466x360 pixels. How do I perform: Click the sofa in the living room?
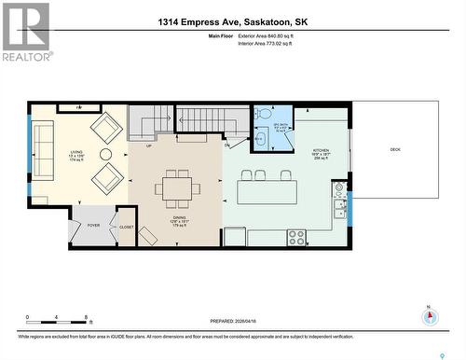coord(44,149)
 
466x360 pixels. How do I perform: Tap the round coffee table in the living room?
coord(105,154)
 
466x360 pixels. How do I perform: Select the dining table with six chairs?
coord(177,188)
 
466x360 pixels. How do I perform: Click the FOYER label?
coord(93,225)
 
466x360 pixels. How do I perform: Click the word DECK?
coord(394,149)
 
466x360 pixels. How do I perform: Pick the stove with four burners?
coord(296,236)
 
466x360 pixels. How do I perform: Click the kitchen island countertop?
coord(267,191)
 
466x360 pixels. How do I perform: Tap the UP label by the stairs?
coord(148,145)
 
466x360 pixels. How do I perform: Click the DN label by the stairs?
coord(226,145)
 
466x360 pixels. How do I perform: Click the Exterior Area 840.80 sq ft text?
coord(272,35)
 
